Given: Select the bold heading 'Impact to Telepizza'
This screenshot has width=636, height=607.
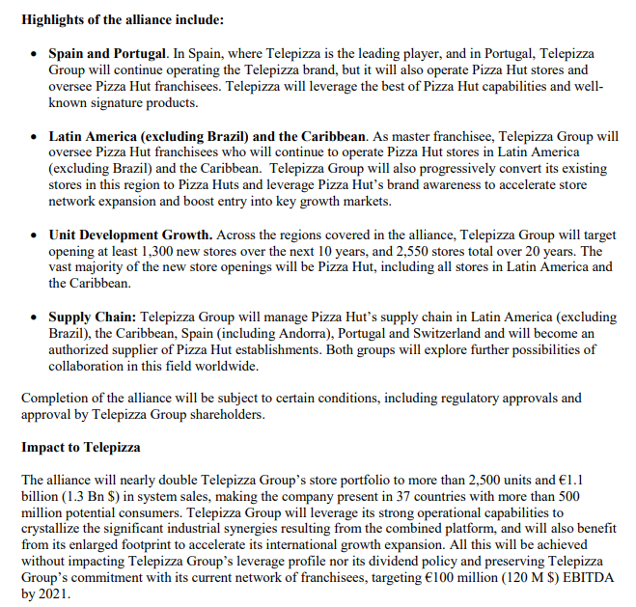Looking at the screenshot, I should (81, 448).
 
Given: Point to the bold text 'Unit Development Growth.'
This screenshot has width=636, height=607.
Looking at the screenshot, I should (130, 235).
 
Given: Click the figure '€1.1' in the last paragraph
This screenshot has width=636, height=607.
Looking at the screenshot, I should (572, 480).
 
